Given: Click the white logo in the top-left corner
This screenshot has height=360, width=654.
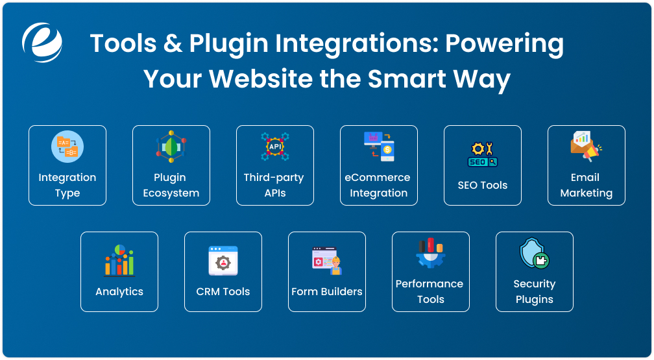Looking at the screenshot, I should point(42,42).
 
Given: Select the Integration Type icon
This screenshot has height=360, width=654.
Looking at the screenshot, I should point(67,147).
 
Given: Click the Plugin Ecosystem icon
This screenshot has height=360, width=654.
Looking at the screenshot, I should point(171,147).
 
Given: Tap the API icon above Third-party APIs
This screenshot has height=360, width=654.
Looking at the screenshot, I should point(275,147).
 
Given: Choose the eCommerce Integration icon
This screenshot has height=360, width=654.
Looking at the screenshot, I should point(379,147).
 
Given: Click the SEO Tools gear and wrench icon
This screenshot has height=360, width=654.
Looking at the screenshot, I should point(483,154).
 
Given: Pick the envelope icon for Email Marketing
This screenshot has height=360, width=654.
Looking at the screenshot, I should point(586,147).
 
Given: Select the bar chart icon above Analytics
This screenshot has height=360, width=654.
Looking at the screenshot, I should point(119,260).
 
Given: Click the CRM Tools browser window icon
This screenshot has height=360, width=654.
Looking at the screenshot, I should point(223,260).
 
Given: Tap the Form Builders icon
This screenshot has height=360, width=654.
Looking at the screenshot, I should point(327,260).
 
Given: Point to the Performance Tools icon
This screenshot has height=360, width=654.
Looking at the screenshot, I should point(430,254).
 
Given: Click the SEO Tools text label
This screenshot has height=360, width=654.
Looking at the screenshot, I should point(483,186).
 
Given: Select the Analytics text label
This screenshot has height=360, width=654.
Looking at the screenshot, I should point(119,292).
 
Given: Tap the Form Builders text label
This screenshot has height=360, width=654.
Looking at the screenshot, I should point(327,292).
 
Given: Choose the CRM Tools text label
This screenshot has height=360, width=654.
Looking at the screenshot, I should point(223,292).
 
